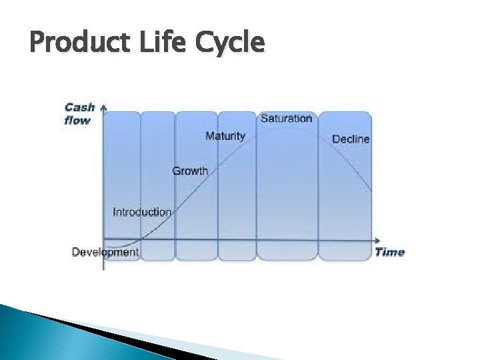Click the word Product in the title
click(73, 43)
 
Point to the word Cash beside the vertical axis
click(79, 107)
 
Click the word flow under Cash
click(77, 120)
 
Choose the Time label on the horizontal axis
click(389, 252)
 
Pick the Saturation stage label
click(286, 119)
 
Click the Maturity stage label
click(225, 136)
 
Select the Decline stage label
click(351, 139)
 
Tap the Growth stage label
click(190, 171)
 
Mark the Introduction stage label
click(142, 212)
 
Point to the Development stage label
click(105, 252)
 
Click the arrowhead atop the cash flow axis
click(104, 106)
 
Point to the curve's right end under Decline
click(370, 191)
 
